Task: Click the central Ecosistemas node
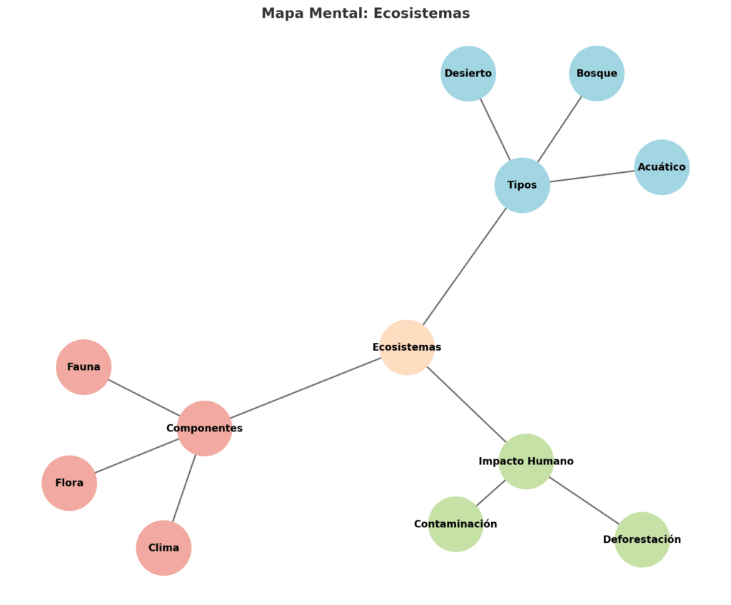(407, 347)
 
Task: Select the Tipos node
(522, 185)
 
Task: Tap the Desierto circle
(468, 74)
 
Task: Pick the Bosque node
(597, 74)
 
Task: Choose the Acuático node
(662, 167)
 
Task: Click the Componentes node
(204, 429)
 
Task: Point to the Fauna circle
(84, 367)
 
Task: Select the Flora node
(69, 483)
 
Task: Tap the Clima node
(163, 548)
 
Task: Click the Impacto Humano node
(526, 461)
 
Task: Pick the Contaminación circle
(455, 524)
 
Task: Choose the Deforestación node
(642, 539)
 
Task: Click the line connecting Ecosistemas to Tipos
(465, 266)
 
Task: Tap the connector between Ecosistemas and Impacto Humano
(467, 404)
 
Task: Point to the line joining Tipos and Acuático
(592, 176)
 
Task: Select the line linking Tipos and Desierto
(495, 129)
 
